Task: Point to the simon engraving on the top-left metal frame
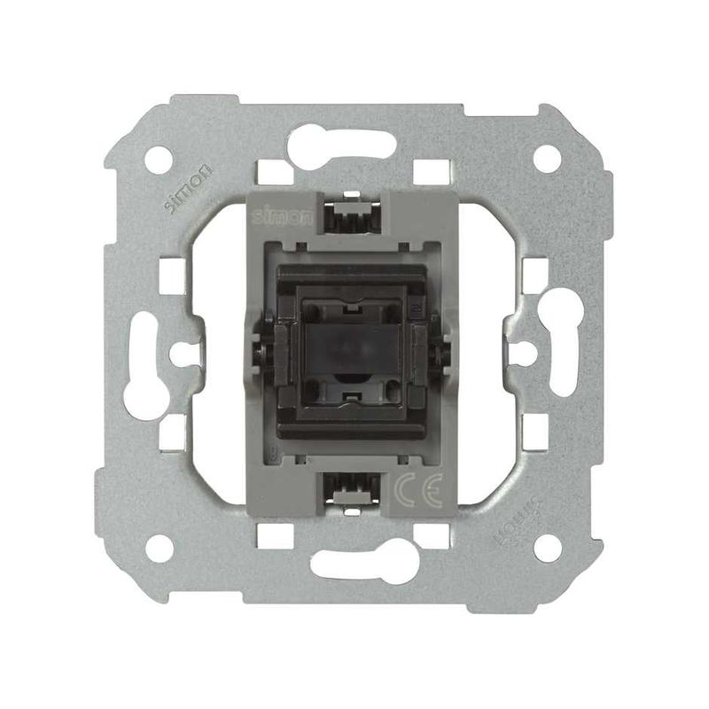pyautogui.click(x=190, y=187)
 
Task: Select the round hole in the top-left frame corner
pyautogui.click(x=159, y=160)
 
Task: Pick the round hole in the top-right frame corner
pyautogui.click(x=547, y=159)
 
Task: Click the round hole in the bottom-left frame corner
pyautogui.click(x=160, y=548)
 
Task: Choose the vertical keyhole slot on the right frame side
pyautogui.click(x=562, y=340)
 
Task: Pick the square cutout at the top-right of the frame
pyautogui.click(x=432, y=172)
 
